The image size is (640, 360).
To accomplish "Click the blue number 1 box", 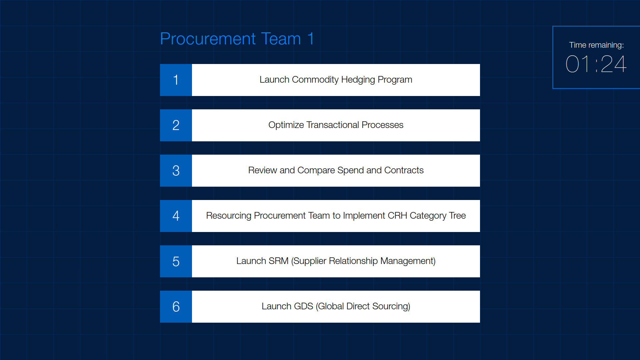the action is (176, 80).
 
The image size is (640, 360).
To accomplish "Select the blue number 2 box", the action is (176, 125).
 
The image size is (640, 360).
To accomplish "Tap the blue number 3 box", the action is (176, 171).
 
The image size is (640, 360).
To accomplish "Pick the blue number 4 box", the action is (176, 216).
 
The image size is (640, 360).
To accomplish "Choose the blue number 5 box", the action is (176, 261).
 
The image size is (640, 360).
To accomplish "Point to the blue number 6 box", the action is (176, 307).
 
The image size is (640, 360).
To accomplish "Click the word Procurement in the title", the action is (208, 39).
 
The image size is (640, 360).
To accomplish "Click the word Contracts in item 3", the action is (404, 170).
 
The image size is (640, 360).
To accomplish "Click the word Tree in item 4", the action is (457, 216).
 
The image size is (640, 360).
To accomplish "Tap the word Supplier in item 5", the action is (309, 261).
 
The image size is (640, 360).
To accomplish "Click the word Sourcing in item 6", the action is (391, 307).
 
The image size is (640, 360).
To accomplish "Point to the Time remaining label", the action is (596, 45).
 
